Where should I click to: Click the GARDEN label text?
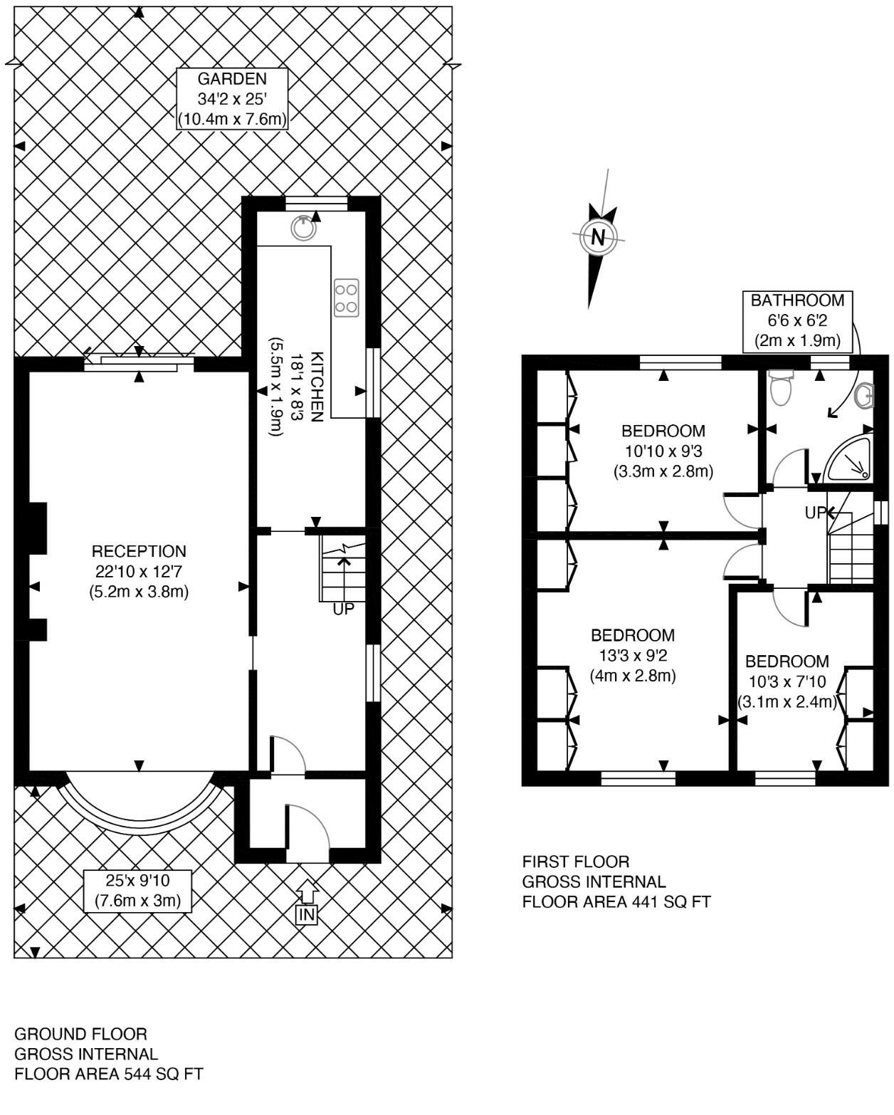click(x=232, y=79)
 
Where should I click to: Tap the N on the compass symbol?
click(x=598, y=237)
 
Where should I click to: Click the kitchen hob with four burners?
click(x=346, y=298)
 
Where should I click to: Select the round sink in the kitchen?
click(x=303, y=227)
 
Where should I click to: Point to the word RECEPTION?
click(x=139, y=551)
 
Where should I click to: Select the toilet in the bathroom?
click(x=781, y=387)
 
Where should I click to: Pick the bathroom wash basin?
click(x=865, y=397)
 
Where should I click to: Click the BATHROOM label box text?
click(x=798, y=300)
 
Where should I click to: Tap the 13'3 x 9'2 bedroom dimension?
click(x=633, y=656)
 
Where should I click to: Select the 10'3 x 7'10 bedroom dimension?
click(x=787, y=681)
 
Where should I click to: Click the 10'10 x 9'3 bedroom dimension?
click(x=663, y=451)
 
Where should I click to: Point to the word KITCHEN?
click(x=317, y=387)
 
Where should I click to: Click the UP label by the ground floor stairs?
click(x=343, y=609)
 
